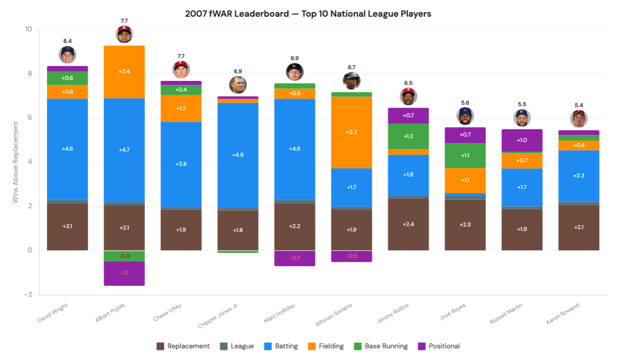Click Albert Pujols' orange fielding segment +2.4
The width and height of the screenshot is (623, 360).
[124, 72]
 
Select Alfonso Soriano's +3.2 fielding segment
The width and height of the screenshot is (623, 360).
[352, 132]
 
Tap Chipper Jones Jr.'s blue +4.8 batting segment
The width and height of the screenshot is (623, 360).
[238, 155]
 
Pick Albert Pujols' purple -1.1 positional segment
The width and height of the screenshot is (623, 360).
[124, 273]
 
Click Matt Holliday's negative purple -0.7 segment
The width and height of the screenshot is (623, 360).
[295, 258]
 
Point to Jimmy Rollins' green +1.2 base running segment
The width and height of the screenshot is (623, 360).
[408, 136]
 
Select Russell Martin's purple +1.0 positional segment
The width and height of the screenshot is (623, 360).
[522, 140]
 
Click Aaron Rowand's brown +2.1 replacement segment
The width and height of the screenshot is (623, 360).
[579, 227]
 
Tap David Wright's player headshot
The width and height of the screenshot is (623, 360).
[67, 55]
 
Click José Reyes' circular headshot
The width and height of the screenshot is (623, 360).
[465, 116]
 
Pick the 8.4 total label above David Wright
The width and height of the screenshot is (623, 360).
[67, 41]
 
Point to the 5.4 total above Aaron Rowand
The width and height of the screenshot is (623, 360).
[579, 106]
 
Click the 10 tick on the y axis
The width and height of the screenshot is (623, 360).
[28, 29]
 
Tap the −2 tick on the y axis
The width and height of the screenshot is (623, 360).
[28, 295]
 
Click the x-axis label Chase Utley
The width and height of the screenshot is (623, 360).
[168, 312]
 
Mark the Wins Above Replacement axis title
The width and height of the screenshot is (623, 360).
[16, 162]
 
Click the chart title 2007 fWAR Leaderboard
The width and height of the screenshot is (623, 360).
[308, 14]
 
